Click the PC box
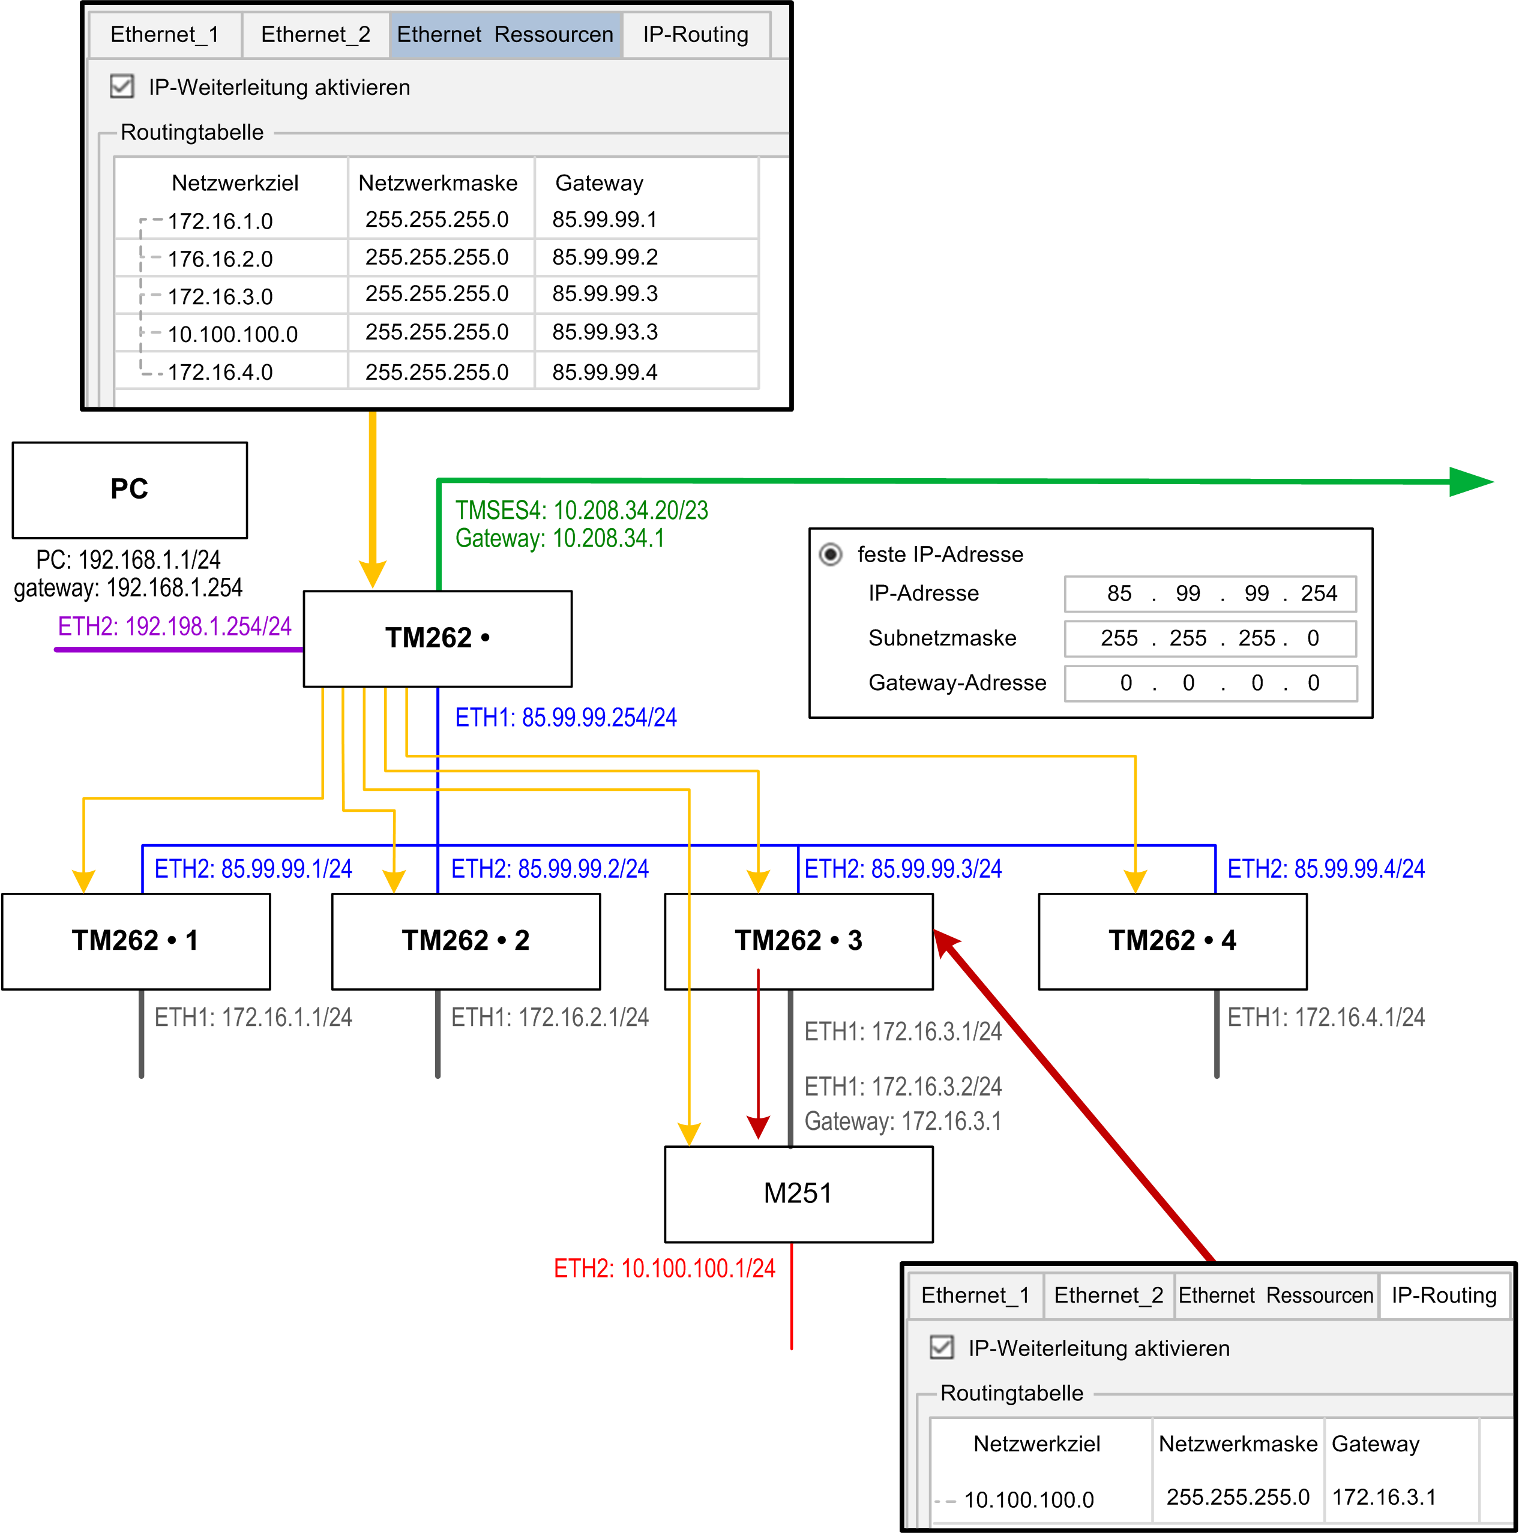coord(130,490)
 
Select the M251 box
coord(798,1193)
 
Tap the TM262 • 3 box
coord(798,941)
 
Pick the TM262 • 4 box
coord(1172,941)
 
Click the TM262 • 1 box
coord(136,941)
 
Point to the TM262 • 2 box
coord(466,941)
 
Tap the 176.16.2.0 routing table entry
coord(220,259)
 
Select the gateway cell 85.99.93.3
coord(605,332)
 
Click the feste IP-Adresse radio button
coord(830,554)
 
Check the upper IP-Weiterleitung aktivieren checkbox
coord(121,86)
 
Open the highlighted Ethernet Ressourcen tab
coord(505,35)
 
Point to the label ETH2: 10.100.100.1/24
coord(664,1268)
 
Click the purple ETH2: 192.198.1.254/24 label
coord(175,627)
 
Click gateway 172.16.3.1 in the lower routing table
coord(1384,1496)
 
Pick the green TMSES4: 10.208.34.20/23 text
coord(582,510)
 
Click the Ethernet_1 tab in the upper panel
coord(164,35)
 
